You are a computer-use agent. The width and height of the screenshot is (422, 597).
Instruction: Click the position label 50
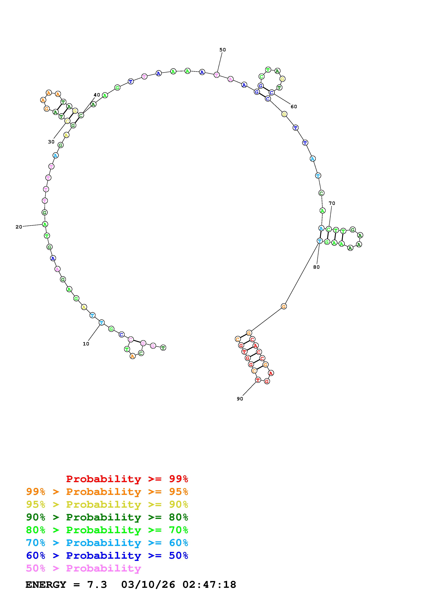coord(222,50)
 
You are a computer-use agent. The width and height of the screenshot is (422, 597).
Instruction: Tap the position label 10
coord(86,344)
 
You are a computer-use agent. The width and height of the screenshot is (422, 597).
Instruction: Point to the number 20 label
coord(19,227)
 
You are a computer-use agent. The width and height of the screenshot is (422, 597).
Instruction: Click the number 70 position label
coord(332,203)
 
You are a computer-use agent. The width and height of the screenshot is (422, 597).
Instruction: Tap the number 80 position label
coord(316,267)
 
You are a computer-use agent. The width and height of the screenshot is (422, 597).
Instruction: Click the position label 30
coord(51,142)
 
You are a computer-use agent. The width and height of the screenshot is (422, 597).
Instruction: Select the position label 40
coord(97,95)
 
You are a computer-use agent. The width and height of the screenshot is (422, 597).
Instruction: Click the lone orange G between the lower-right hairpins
coord(284,306)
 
